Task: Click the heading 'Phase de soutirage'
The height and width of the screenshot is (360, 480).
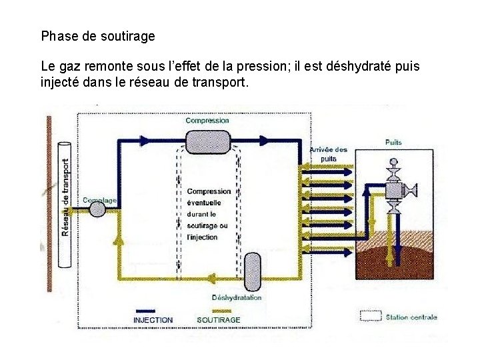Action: (98, 36)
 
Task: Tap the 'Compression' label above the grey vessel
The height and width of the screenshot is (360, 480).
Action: (207, 121)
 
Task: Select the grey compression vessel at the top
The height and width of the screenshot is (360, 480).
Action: (207, 141)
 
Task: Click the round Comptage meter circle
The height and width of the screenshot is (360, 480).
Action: (97, 209)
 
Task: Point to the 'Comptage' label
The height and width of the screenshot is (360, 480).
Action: (99, 199)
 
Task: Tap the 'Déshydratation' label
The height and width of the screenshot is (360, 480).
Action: (237, 297)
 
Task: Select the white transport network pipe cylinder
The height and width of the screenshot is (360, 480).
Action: (66, 205)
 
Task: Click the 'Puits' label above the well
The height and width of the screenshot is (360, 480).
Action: (393, 143)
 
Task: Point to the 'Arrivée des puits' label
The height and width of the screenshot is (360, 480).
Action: (328, 154)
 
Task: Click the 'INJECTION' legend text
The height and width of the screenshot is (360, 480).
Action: (153, 320)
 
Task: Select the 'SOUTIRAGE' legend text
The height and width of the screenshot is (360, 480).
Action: (219, 320)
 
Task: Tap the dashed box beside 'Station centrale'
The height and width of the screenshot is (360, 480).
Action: (370, 316)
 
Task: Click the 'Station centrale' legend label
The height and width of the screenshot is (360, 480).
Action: (411, 317)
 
